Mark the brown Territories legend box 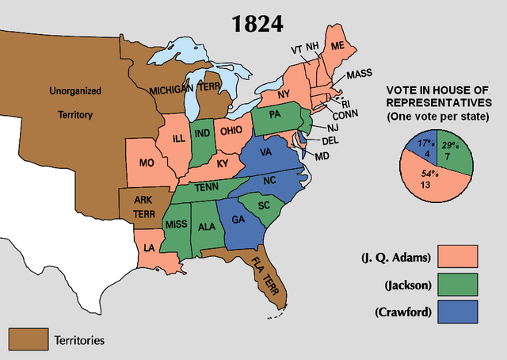click(x=27, y=339)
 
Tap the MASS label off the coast click(x=359, y=75)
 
